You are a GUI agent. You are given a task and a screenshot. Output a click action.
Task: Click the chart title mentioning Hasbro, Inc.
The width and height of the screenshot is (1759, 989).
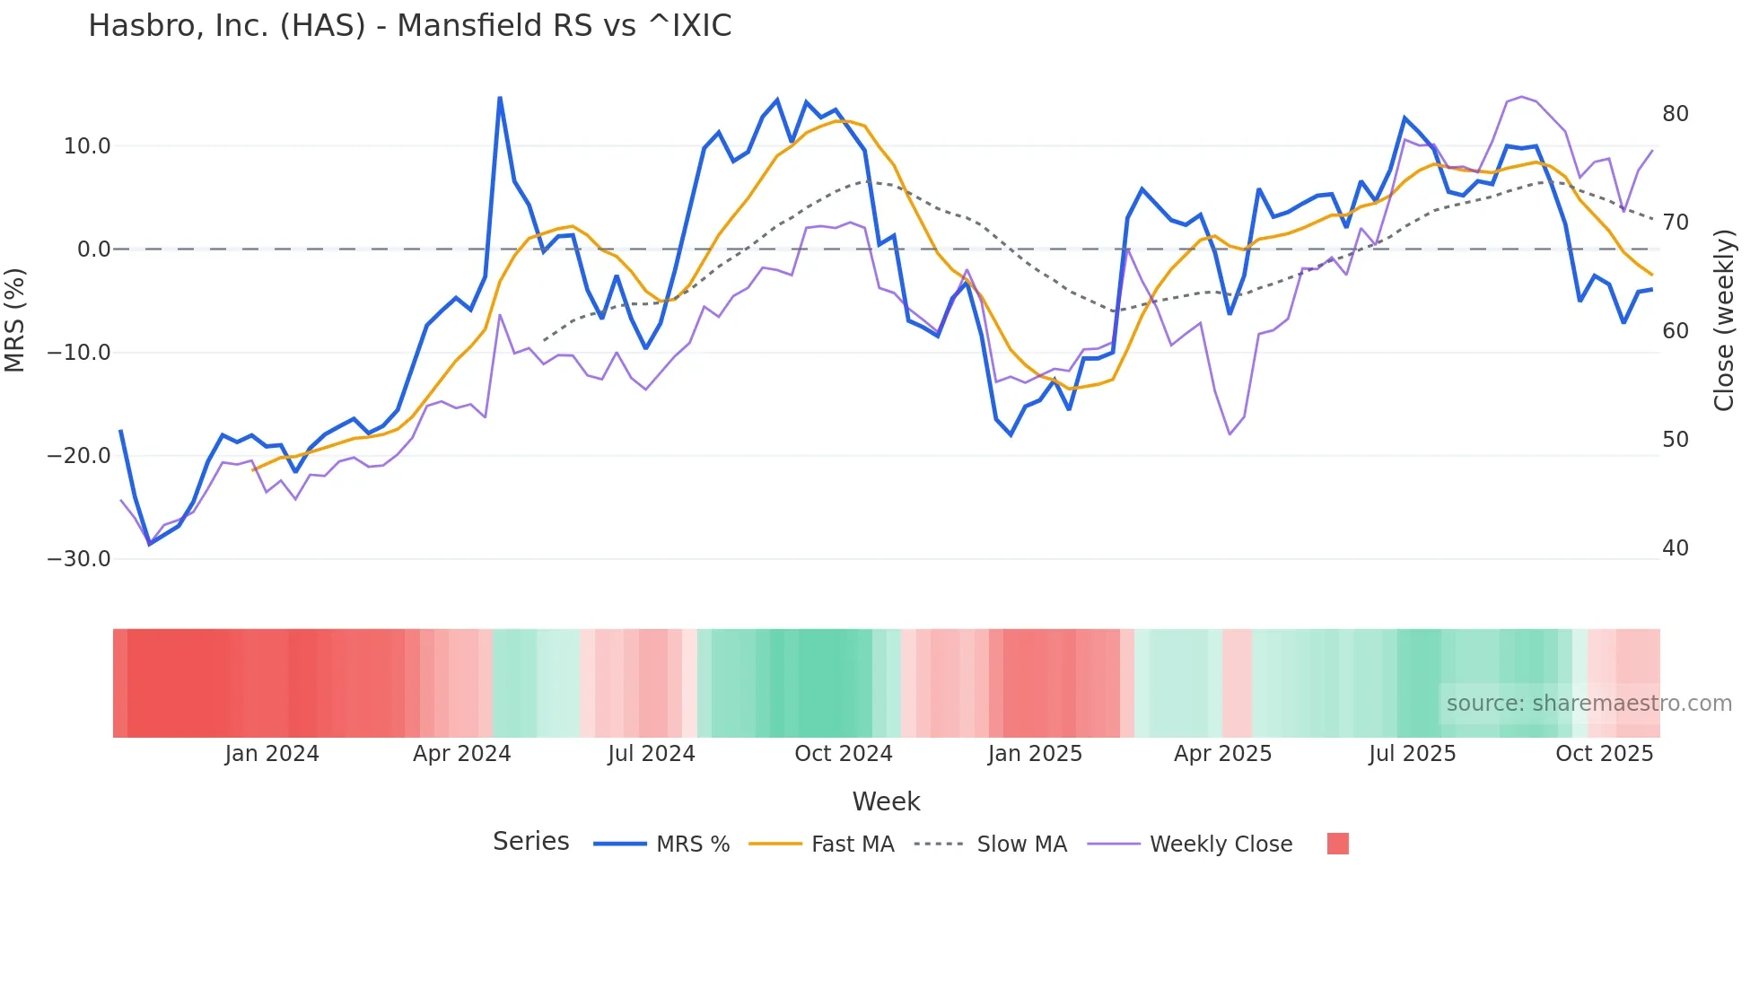point(409,26)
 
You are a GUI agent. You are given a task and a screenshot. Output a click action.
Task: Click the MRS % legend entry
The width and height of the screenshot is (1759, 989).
point(692,845)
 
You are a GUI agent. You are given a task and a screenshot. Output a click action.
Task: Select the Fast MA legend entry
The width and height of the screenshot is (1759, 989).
point(852,845)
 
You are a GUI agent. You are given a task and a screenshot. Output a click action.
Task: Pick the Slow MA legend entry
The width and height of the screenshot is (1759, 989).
point(1021,845)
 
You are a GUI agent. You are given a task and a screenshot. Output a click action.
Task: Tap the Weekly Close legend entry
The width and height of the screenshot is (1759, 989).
point(1221,845)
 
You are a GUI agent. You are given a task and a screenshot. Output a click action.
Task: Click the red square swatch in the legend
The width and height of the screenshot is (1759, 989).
point(1337,844)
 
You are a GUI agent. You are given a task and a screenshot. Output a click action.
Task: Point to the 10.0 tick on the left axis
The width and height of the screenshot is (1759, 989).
point(87,146)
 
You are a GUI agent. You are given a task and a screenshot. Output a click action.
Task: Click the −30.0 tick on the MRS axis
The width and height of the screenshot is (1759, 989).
point(79,559)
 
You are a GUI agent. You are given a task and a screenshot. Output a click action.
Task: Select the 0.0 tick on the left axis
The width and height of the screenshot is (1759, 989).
point(94,249)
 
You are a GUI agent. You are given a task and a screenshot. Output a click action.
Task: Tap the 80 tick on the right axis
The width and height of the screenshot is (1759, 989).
point(1675,114)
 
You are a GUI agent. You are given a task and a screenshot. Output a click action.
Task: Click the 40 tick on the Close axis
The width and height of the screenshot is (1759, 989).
point(1675,548)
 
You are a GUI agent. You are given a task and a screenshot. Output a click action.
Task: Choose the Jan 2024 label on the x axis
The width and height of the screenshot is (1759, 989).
point(272,754)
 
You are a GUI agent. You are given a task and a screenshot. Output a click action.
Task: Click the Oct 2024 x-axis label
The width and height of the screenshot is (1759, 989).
point(843,754)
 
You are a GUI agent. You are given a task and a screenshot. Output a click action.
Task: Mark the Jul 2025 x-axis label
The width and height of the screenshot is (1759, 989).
point(1412,754)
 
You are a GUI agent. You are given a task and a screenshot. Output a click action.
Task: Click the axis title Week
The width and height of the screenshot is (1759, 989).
point(886,801)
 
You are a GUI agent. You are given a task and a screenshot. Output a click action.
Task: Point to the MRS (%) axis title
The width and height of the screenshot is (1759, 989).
point(15,320)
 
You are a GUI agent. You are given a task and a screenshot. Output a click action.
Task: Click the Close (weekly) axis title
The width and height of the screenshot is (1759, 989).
point(1723,320)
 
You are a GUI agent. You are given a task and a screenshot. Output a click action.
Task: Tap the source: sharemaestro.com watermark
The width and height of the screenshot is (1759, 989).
point(1588,704)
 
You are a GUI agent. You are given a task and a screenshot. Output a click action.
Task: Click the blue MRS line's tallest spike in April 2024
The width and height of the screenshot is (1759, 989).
point(500,98)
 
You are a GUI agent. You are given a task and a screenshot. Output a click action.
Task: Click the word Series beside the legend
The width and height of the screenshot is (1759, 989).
point(530,842)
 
